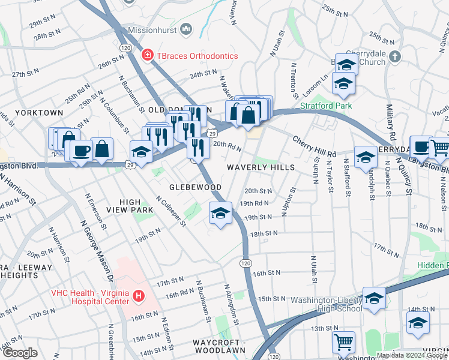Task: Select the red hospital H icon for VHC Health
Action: coord(139,296)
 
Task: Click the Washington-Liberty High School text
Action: coord(327,304)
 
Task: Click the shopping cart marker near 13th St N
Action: coord(343,342)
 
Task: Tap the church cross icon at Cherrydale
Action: coord(394,56)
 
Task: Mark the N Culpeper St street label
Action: coord(170,211)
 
